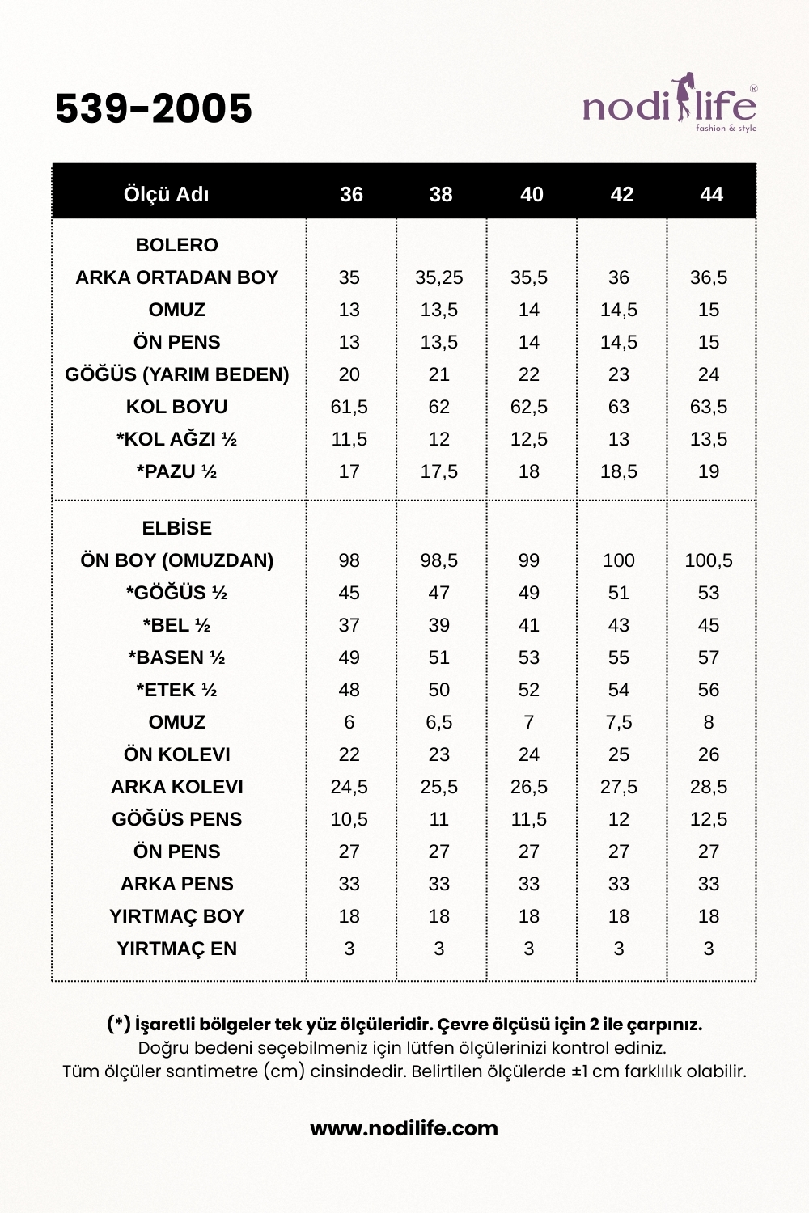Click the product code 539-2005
point(154,108)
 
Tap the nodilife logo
point(669,105)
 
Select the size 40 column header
point(532,194)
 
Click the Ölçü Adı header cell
point(166,194)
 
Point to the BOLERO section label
point(176,245)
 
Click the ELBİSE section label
point(176,528)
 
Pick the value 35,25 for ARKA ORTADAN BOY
point(439,277)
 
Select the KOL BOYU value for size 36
point(349,407)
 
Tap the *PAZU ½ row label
point(176,471)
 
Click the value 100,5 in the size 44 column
point(709,560)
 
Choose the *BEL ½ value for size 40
point(529,625)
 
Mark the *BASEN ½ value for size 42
point(619,657)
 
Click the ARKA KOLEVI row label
point(176,787)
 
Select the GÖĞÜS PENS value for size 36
point(349,819)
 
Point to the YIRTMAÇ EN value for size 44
point(709,949)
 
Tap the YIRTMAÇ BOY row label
point(176,916)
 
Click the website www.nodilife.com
point(404,1128)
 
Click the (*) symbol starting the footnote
point(119,1024)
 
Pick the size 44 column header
point(711,194)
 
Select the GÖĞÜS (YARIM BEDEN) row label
point(176,374)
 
